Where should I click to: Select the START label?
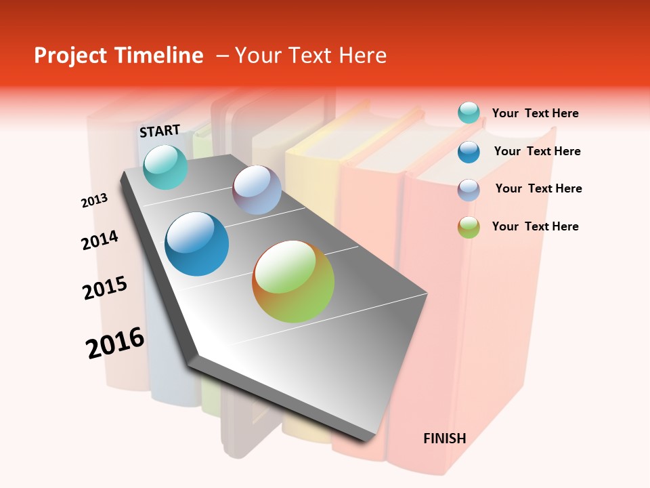pyautogui.click(x=160, y=131)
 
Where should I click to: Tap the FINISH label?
pyautogui.click(x=444, y=439)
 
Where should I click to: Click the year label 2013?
pyautogui.click(x=95, y=201)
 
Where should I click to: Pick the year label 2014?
pyautogui.click(x=100, y=241)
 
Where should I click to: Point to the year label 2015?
pyautogui.click(x=105, y=288)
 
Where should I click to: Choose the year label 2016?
pyautogui.click(x=115, y=342)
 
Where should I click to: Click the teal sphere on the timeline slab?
pyautogui.click(x=165, y=167)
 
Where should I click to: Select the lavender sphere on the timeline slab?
pyautogui.click(x=257, y=190)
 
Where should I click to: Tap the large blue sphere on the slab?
pyautogui.click(x=197, y=244)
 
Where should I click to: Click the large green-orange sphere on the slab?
pyautogui.click(x=293, y=281)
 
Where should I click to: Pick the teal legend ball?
pyautogui.click(x=469, y=113)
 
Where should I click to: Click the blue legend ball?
pyautogui.click(x=469, y=151)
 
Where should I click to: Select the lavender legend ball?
pyautogui.click(x=469, y=189)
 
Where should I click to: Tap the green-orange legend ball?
pyautogui.click(x=469, y=227)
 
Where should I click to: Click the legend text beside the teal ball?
pyautogui.click(x=535, y=114)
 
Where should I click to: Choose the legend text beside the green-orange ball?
pyautogui.click(x=535, y=226)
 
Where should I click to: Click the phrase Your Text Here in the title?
pyautogui.click(x=311, y=56)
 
